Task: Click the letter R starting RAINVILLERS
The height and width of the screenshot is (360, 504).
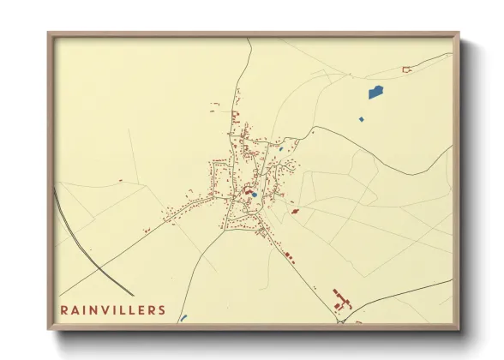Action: [64, 309]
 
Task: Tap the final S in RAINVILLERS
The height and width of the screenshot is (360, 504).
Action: [163, 309]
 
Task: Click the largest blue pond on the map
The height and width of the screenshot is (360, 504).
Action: [375, 92]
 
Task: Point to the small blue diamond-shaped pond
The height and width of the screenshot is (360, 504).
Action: [361, 118]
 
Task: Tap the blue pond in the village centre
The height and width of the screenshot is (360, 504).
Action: [253, 195]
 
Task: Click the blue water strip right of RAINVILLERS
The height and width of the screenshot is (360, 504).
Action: [183, 317]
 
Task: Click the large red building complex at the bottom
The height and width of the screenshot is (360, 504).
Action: [342, 301]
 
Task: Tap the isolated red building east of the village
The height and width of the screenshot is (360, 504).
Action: [295, 211]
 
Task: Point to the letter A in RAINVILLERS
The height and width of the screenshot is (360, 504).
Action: [77, 309]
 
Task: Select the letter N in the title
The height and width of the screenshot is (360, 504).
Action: [94, 309]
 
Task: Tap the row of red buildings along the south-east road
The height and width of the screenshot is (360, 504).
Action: [288, 255]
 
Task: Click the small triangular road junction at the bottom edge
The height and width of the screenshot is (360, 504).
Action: [340, 321]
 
